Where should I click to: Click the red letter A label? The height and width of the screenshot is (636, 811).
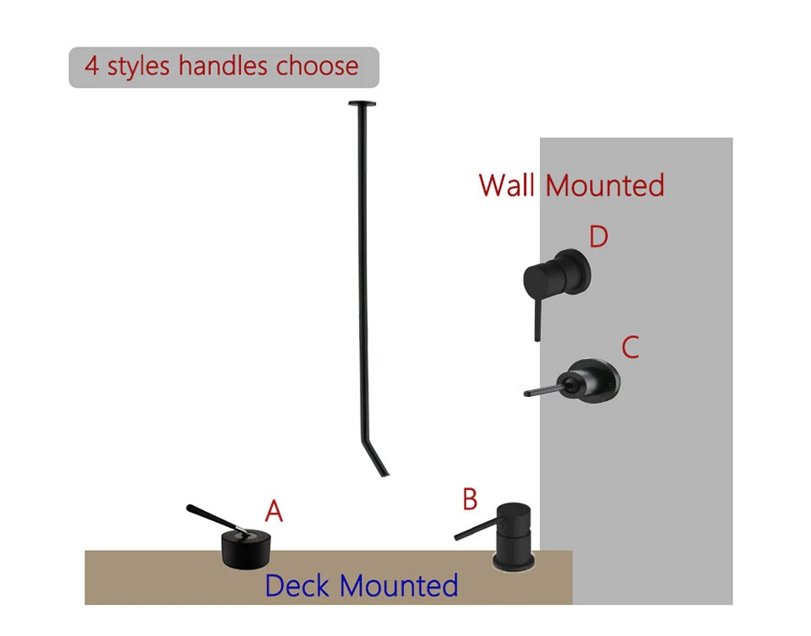pyautogui.click(x=273, y=511)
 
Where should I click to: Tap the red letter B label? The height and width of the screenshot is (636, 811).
pyautogui.click(x=470, y=499)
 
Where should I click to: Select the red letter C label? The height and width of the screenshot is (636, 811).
pyautogui.click(x=629, y=347)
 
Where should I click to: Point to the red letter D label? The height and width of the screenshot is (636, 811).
pyautogui.click(x=598, y=236)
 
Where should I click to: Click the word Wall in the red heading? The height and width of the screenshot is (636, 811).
pyautogui.click(x=508, y=185)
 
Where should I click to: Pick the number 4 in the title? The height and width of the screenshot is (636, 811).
pyautogui.click(x=91, y=67)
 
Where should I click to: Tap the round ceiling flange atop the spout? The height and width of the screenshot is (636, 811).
pyautogui.click(x=362, y=104)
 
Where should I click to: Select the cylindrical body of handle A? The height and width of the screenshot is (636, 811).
pyautogui.click(x=244, y=549)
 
